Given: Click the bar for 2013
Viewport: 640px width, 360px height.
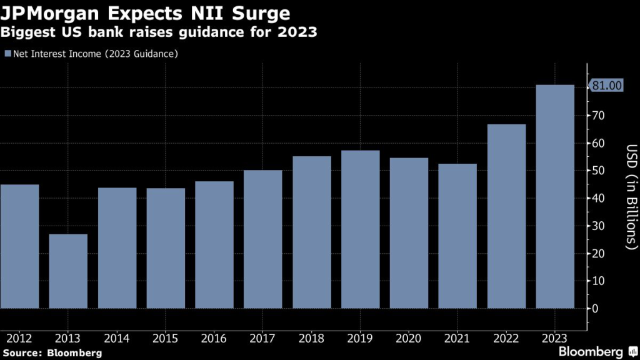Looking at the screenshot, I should [68, 271].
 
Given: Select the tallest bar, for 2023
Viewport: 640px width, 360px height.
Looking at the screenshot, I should [555, 196].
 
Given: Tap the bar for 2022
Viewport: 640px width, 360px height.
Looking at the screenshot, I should [506, 216].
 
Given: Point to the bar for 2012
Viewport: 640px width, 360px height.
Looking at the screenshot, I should [19, 246].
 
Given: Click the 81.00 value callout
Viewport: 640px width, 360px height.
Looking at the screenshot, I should [607, 86].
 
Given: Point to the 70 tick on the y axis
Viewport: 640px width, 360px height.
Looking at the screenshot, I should [599, 116].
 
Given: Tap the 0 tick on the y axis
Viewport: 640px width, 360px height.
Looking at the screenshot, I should [596, 309].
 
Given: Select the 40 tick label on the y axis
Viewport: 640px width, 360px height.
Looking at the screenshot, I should [599, 198].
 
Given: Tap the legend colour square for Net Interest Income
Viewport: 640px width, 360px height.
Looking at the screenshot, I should [7, 54].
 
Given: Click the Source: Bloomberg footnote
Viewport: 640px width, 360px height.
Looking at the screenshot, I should [52, 353].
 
